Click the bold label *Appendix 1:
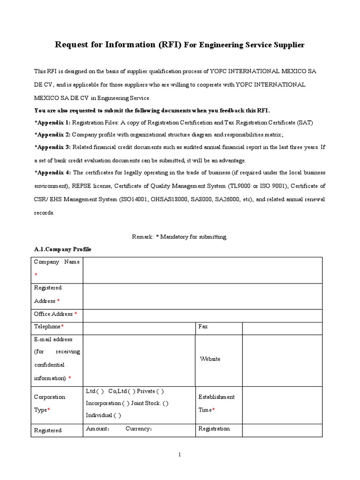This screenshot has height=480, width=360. tap(52, 122)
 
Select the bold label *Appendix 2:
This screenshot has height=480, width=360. tap(52, 135)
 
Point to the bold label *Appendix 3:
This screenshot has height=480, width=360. tap(52, 147)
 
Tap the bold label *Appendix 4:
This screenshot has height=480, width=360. tap(52, 172)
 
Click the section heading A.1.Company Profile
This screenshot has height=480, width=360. tap(63, 249)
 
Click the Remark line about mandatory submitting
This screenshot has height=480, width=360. tap(180, 237)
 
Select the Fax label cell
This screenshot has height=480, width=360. tap(203, 326)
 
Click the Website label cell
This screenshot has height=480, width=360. tap(210, 359)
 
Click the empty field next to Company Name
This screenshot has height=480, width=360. tap(202, 270)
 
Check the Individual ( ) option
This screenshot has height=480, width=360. tap(103, 415)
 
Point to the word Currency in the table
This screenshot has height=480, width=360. tap(138, 429)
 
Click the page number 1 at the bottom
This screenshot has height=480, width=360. tap(180, 454)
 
